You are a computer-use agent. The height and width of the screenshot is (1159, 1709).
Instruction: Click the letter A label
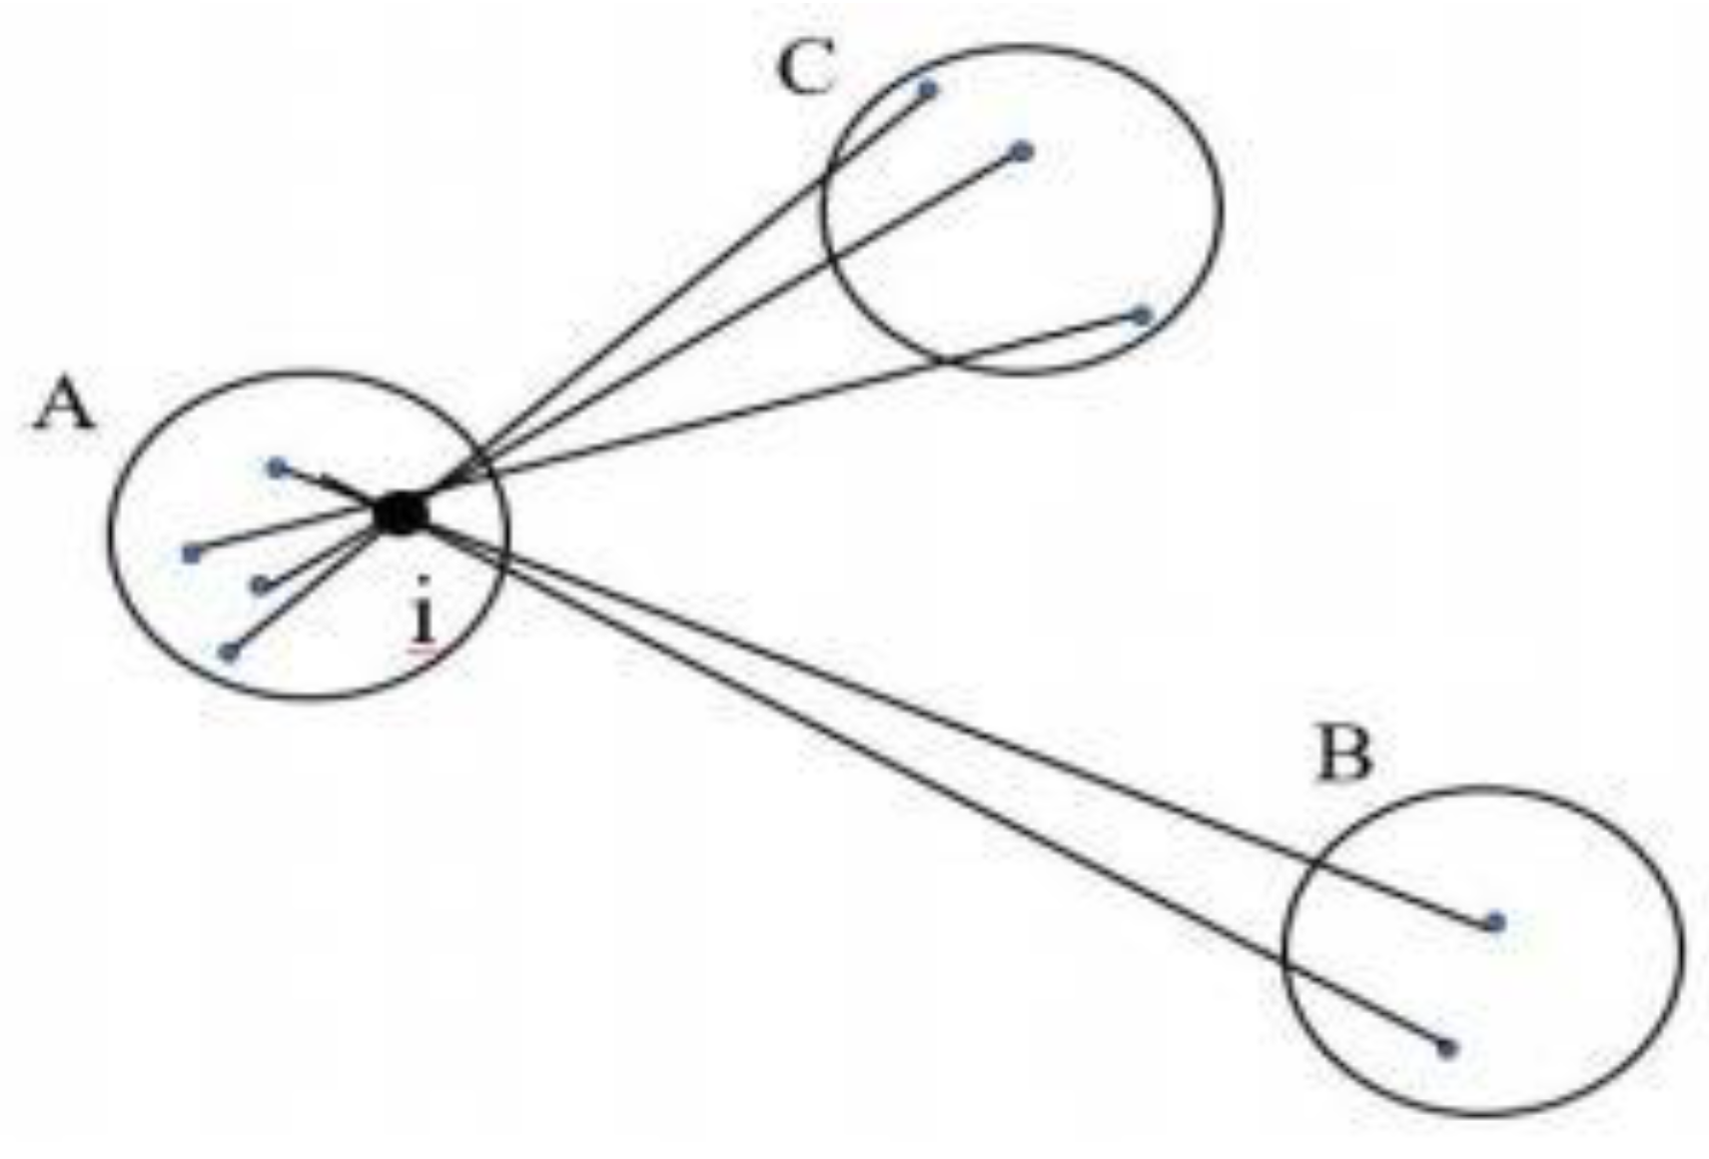[65, 408]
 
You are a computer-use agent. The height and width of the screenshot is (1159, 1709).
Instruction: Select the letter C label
[806, 69]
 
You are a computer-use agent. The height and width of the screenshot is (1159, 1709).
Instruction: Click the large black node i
[401, 514]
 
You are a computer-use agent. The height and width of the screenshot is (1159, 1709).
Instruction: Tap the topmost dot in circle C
[928, 91]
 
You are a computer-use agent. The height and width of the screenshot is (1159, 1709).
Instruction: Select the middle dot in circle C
[1021, 152]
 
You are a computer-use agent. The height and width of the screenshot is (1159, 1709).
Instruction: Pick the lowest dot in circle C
[1142, 317]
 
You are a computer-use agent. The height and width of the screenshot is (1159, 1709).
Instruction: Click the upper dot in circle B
[1494, 922]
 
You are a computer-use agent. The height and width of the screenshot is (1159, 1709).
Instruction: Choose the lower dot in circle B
[1446, 1048]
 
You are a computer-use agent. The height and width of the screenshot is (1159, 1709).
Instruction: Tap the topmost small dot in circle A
[278, 467]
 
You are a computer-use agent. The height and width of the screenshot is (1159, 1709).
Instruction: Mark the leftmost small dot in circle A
[191, 554]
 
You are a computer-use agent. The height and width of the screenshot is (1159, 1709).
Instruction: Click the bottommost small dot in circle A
[230, 652]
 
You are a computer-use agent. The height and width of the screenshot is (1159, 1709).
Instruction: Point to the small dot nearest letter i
[262, 584]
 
